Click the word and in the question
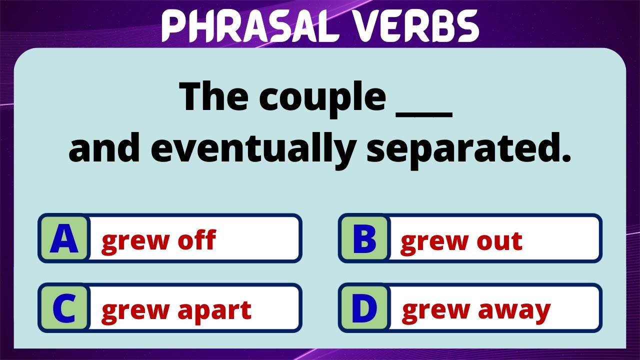[x=105, y=148]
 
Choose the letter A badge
[x=64, y=239]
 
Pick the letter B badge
[x=364, y=239]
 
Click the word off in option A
[x=197, y=240]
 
